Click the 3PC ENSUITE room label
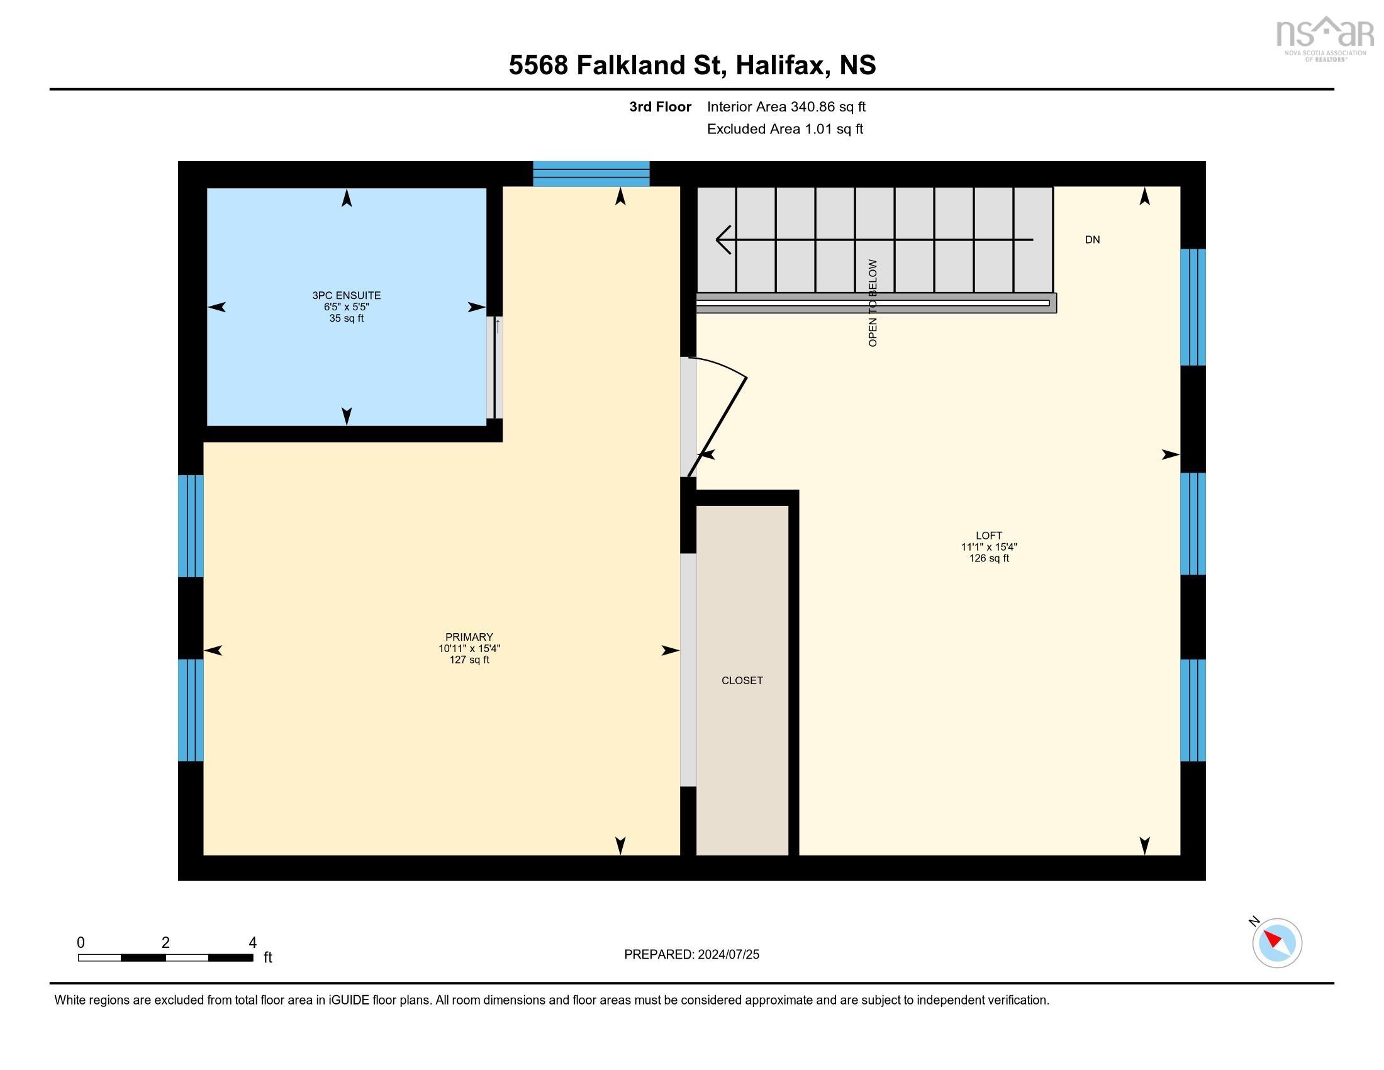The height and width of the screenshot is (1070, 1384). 346,295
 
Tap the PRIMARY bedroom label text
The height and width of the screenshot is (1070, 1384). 469,637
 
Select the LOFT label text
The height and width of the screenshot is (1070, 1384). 988,536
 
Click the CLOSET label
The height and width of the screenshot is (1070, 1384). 742,681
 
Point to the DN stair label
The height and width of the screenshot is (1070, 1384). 1092,240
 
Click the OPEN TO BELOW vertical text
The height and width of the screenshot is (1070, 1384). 873,303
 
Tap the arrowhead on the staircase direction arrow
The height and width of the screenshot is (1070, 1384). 722,240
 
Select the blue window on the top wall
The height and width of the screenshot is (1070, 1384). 591,174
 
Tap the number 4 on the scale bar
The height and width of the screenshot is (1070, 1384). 252,943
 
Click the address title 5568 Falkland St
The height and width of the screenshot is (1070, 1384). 692,65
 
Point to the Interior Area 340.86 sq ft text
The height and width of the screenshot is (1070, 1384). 786,107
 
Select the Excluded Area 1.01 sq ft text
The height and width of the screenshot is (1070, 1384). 784,129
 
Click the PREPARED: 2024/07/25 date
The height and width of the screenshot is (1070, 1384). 691,955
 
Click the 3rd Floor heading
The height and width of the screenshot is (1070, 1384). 660,107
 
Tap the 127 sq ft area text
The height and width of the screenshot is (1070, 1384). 469,660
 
